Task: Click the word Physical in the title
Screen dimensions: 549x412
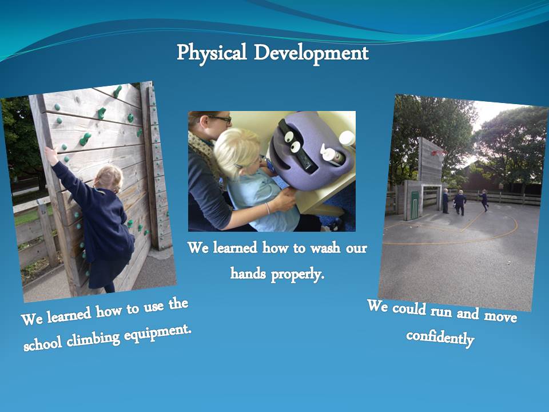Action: coord(212,53)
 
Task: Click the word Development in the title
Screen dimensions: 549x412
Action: coord(311,54)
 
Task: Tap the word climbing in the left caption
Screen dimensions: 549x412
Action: coord(93,338)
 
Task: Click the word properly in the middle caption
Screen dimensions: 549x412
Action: coord(297,274)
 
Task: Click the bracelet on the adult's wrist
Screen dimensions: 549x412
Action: coord(268,208)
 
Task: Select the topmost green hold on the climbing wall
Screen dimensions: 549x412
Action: coord(117,92)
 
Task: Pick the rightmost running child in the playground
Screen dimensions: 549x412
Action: coord(484,200)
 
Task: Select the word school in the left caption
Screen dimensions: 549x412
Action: coord(43,343)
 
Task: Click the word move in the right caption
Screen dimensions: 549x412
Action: coord(500,316)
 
